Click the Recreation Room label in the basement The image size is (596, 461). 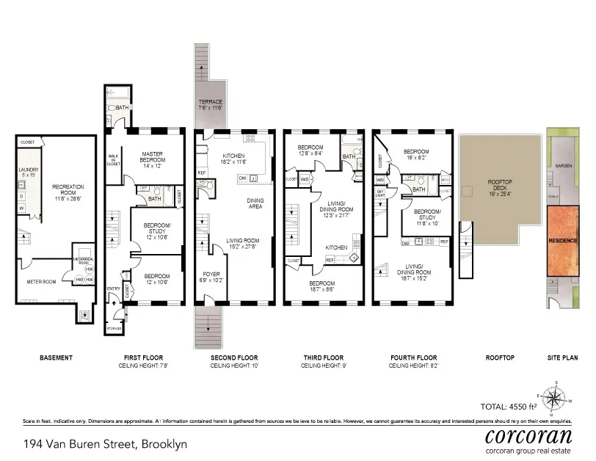click(x=68, y=192)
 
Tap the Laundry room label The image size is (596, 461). click(x=29, y=173)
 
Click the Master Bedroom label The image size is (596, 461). click(x=156, y=159)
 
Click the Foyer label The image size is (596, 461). click(x=211, y=277)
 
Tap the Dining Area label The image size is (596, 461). click(x=255, y=203)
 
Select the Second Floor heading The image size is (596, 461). click(x=233, y=357)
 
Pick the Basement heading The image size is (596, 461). click(x=56, y=357)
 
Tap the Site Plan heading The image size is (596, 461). click(x=563, y=357)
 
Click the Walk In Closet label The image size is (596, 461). click(x=114, y=160)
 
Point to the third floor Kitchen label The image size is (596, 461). click(x=336, y=248)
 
